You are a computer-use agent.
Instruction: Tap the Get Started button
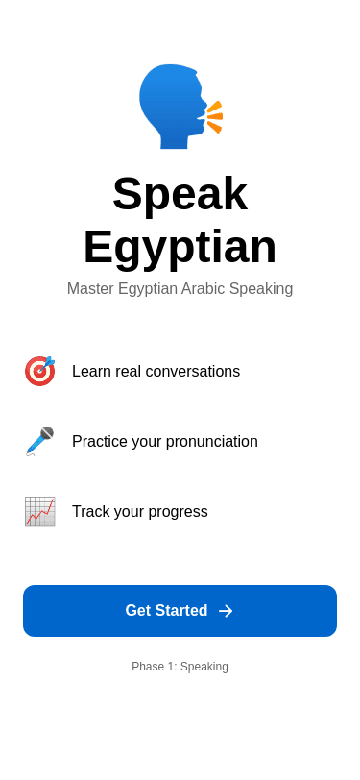coord(180,611)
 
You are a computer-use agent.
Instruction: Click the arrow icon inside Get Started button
coord(226,611)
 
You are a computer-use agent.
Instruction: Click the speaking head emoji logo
coord(180,107)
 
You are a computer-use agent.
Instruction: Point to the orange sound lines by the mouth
coord(215,117)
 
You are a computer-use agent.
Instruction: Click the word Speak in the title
coord(180,193)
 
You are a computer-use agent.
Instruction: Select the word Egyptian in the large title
coord(180,247)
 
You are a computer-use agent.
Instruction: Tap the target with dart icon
coord(39,371)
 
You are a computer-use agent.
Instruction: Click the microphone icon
coord(39,441)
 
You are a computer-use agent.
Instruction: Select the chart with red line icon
coord(39,511)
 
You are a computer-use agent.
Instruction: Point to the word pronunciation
coord(211,442)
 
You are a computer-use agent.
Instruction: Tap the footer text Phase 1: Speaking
coord(180,667)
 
